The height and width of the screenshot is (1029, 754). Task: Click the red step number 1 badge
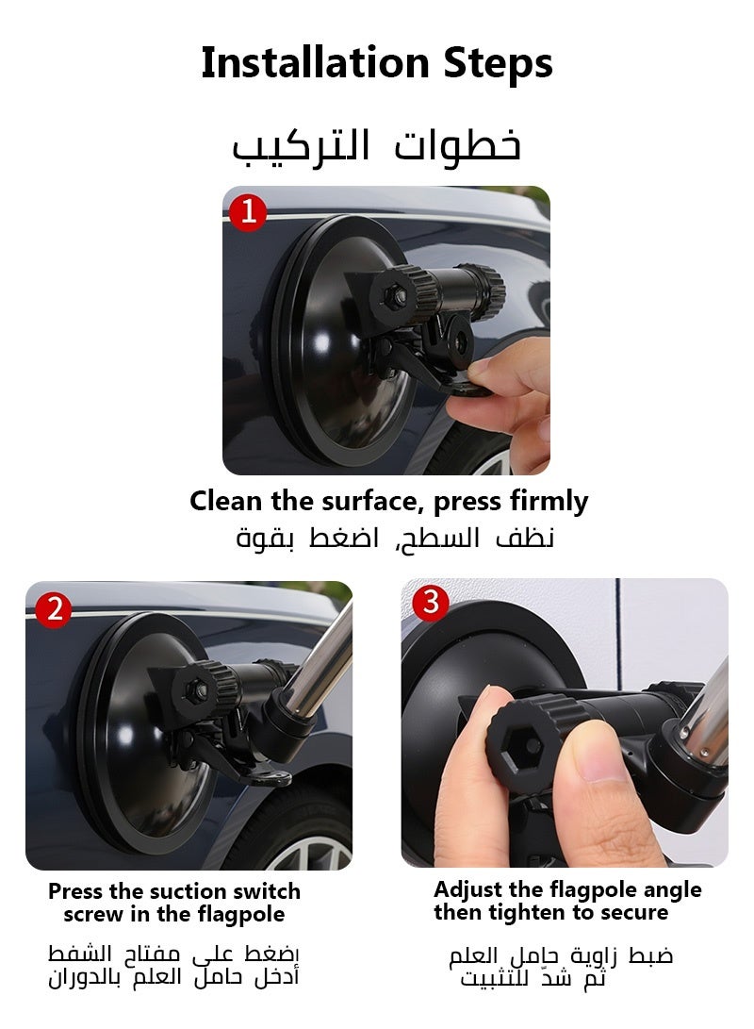point(249,212)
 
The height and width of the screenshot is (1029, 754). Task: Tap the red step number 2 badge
point(54,609)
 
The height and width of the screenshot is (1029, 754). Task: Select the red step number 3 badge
point(431,602)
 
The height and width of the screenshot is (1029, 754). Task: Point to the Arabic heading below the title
point(377,146)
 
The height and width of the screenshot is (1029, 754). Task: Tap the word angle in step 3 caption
point(669,889)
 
